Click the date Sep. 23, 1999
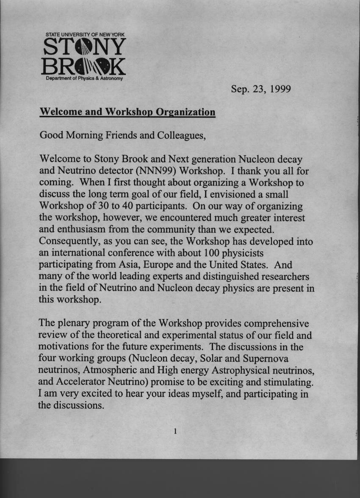tap(260, 89)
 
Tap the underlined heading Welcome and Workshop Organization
tap(127, 112)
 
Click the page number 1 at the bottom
tap(174, 432)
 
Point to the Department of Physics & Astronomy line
tap(84, 79)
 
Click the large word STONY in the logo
tap(85, 47)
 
